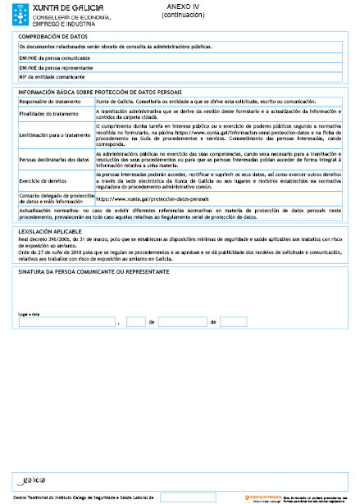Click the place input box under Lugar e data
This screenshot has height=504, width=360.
[66, 322]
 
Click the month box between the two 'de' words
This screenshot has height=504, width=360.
[182, 322]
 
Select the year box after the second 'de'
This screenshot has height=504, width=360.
[232, 322]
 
